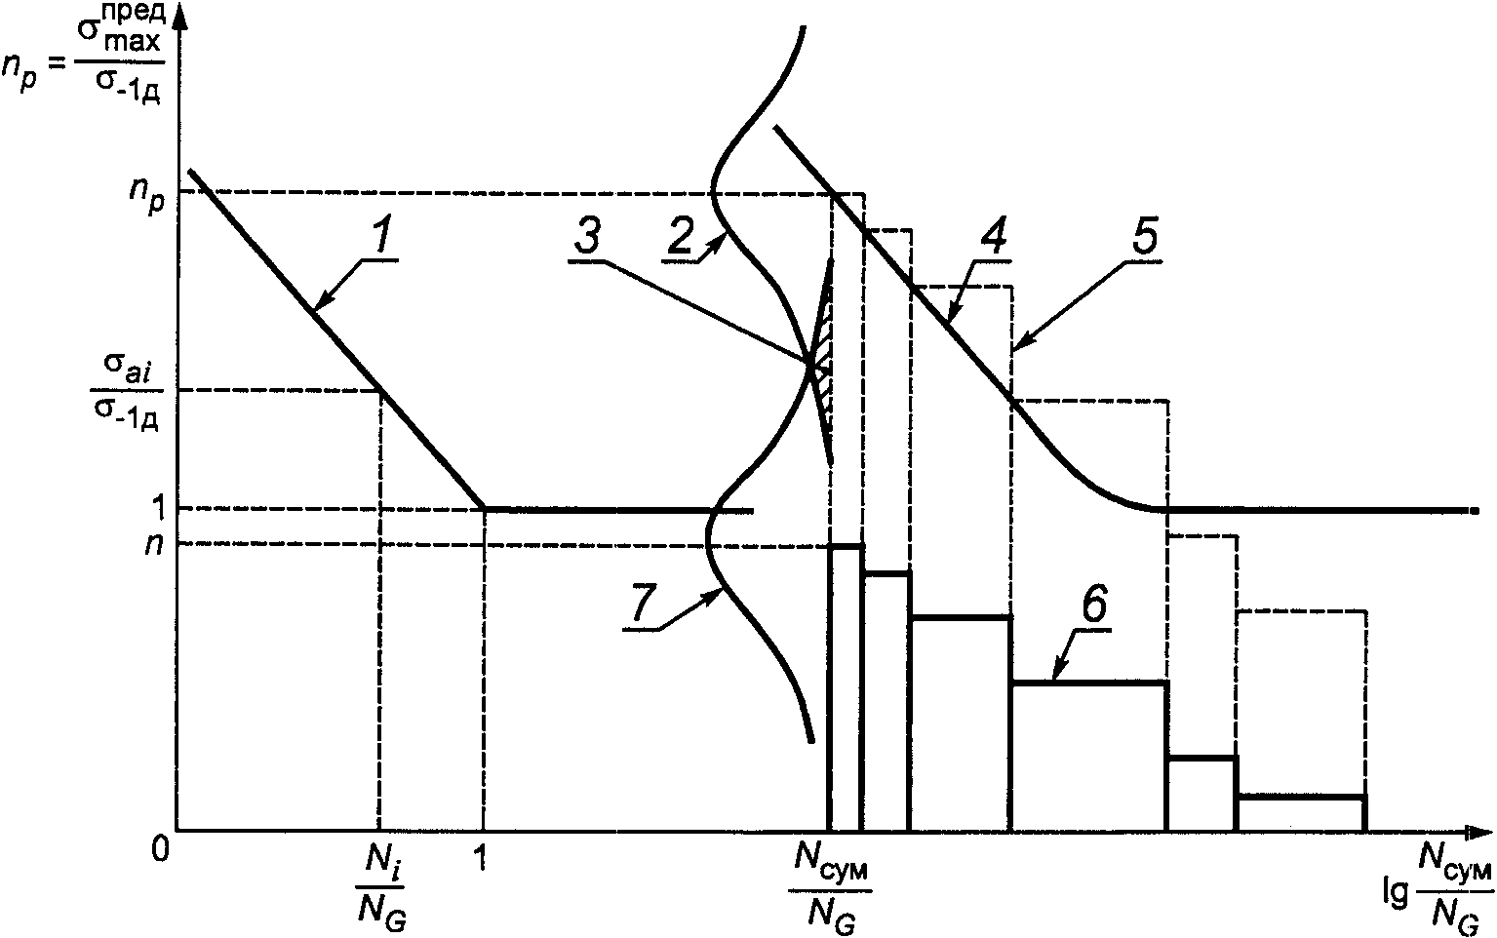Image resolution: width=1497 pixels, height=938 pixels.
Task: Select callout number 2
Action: tap(680, 233)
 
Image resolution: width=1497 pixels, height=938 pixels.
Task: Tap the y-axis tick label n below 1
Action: tap(151, 543)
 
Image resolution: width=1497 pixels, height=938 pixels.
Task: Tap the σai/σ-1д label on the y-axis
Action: tap(123, 390)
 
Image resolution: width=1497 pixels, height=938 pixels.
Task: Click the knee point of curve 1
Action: tap(484, 508)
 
